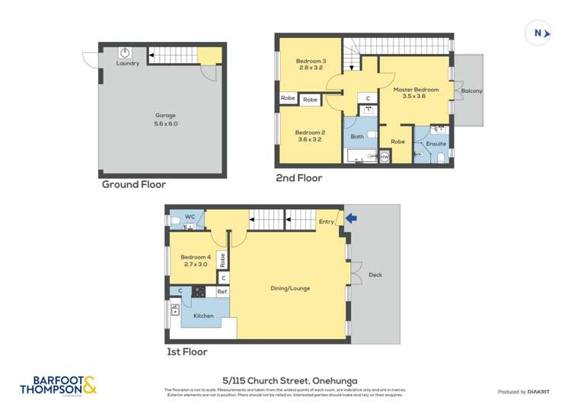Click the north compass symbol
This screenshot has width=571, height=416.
538,33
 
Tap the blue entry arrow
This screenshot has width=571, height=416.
351,219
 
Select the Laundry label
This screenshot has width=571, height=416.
127,63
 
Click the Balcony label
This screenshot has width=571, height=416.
471,91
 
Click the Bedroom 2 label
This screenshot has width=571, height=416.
310,136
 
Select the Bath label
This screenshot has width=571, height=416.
357,137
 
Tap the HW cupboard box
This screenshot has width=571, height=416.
384,157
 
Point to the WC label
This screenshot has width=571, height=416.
190,218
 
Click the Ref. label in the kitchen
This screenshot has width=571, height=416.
222,291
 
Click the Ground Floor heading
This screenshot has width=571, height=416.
134,184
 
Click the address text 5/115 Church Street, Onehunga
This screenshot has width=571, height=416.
285,379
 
